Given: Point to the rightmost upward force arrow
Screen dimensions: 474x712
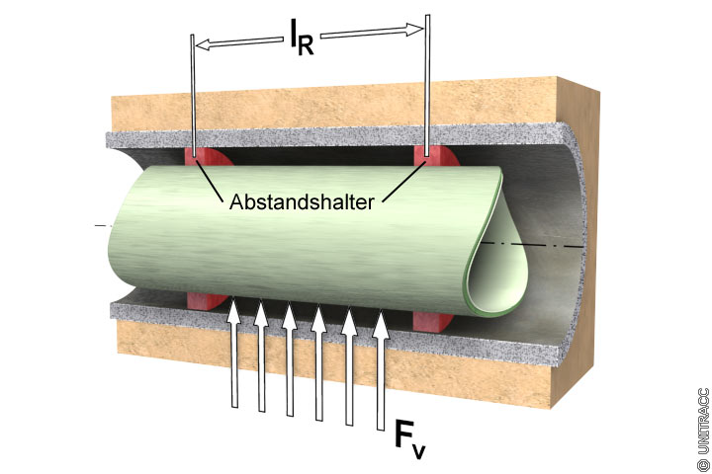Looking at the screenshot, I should point(379,370).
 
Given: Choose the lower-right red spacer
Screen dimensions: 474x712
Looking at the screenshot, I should point(430,319).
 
